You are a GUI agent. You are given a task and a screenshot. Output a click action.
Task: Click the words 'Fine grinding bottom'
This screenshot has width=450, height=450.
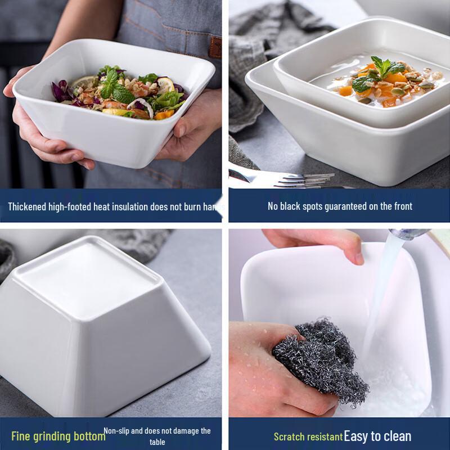pos(58,436)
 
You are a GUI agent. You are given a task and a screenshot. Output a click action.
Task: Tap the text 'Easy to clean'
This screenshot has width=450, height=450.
pos(377,436)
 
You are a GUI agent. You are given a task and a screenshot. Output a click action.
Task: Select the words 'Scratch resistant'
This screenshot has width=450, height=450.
pos(308,436)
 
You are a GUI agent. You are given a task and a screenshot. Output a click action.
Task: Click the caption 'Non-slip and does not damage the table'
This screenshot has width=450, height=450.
pos(157,436)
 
